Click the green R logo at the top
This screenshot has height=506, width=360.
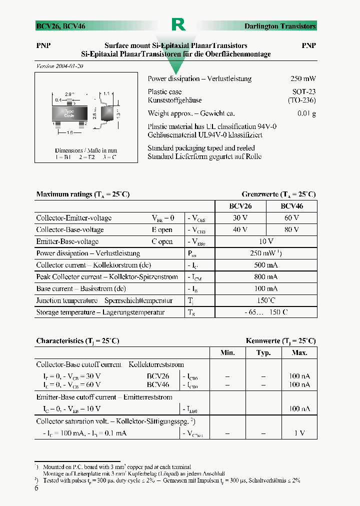(178, 24)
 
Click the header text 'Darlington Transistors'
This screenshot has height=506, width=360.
(279, 26)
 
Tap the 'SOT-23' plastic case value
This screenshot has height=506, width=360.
(304, 92)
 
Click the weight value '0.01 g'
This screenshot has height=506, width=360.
(306, 113)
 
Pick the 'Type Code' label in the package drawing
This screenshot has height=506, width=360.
(69, 113)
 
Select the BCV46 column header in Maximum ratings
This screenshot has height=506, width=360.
(291, 206)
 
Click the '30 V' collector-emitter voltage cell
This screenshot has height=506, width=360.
(240, 218)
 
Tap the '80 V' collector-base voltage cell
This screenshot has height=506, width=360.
(291, 229)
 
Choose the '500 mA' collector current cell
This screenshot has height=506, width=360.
(266, 265)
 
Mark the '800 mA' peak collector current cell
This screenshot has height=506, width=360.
(266, 276)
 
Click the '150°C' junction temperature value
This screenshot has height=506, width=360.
(266, 300)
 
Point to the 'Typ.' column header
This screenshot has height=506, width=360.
(263, 353)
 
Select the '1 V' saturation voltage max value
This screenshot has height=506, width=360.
(299, 433)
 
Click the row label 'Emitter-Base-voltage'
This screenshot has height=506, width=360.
(67, 241)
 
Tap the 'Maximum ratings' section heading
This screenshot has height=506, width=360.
(82, 194)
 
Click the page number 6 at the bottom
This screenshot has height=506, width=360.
(36, 488)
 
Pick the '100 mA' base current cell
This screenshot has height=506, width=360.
(266, 288)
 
